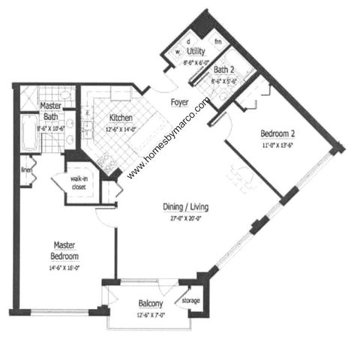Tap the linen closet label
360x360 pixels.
[27, 170]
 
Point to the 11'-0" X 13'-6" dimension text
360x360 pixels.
[277, 147]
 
